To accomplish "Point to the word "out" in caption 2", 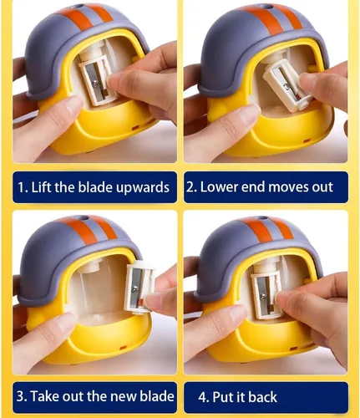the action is coord(322,187).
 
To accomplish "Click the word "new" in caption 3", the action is coord(124,396).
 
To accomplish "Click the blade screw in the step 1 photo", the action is coord(95,82).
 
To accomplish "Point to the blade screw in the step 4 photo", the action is coord(262,297).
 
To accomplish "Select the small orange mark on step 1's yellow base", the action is coord(135,128).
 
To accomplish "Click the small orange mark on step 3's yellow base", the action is coord(123,348).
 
